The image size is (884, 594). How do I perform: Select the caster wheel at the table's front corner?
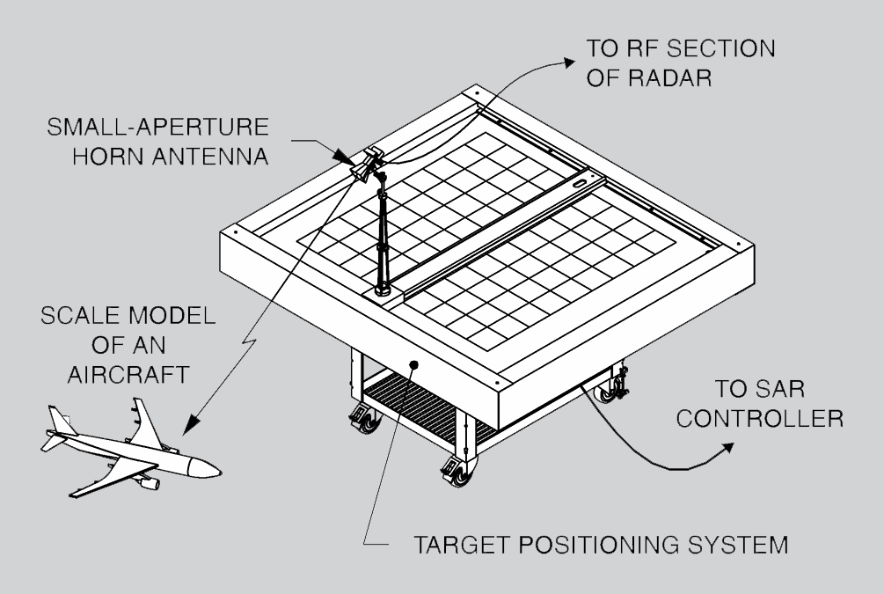(x=452, y=472)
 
